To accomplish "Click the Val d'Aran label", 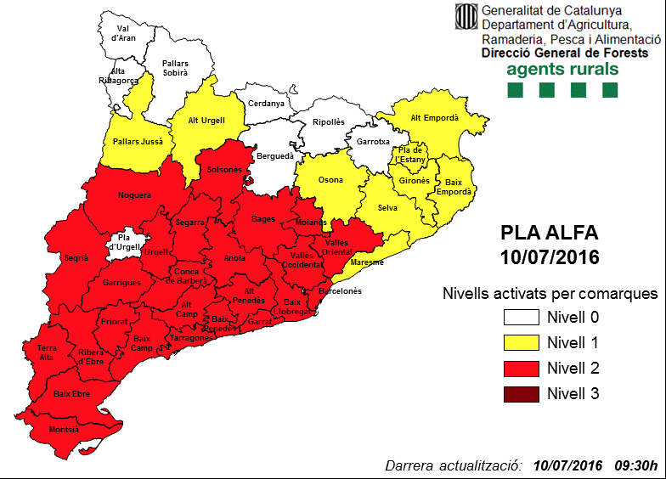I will (126, 32).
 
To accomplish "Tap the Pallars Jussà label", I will (126, 141).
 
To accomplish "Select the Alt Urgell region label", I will (206, 121).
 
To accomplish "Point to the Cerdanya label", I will (266, 104).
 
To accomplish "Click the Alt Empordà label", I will (434, 118).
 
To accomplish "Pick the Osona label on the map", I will (330, 180).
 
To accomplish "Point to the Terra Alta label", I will (47, 352).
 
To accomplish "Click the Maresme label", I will (369, 262).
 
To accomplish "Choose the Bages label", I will (263, 219).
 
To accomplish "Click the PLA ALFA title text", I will (549, 233).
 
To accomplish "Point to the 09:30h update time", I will (635, 465).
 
